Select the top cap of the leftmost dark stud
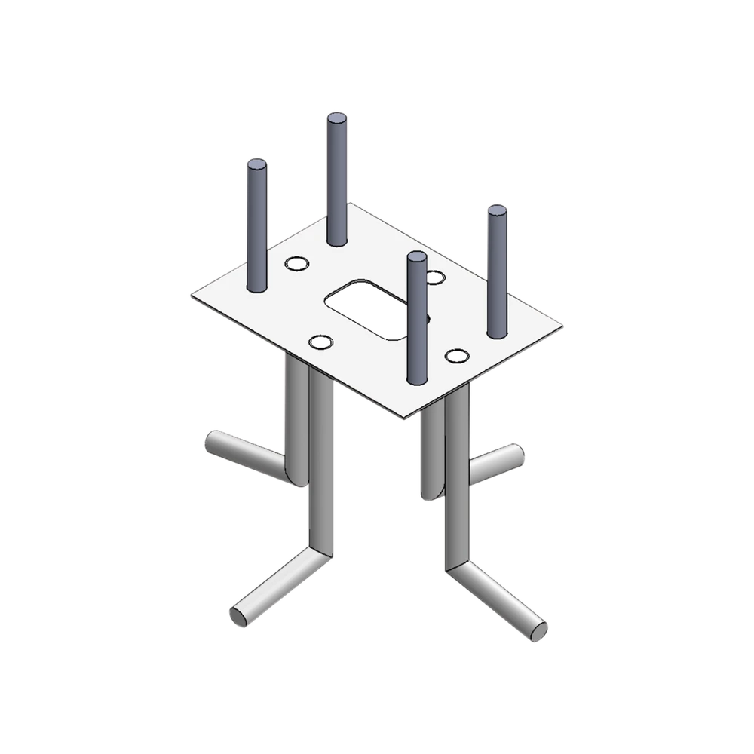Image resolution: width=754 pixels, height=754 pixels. coord(256,164)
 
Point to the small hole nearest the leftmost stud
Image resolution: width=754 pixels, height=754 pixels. coord(296,264)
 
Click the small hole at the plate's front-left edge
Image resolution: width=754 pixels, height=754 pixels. coord(322,342)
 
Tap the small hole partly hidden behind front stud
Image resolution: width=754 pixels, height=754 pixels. coord(434,277)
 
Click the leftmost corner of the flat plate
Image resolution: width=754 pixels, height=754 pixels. coord(192,294)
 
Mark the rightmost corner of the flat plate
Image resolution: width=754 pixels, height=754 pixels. coord(562,327)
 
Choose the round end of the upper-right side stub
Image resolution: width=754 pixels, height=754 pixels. coord(515,455)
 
